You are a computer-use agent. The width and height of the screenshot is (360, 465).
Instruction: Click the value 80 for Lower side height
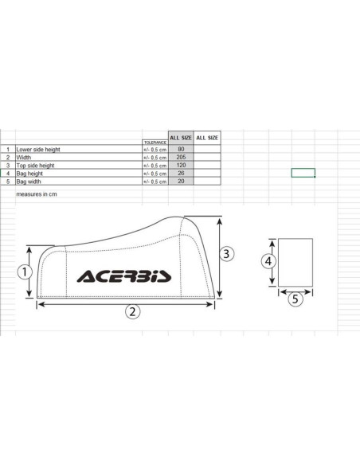pyautogui.click(x=181, y=149)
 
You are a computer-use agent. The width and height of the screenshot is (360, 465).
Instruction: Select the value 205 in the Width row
pyautogui.click(x=181, y=157)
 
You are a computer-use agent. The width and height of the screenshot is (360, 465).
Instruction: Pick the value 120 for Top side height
pyautogui.click(x=181, y=165)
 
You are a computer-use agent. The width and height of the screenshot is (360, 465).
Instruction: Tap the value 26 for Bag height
pyautogui.click(x=181, y=174)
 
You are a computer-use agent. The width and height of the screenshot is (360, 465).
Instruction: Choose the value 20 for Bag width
pyautogui.click(x=181, y=182)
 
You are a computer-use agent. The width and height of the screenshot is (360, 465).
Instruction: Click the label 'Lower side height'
pyautogui.click(x=38, y=150)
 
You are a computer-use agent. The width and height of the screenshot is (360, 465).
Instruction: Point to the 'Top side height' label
pyautogui.click(x=35, y=166)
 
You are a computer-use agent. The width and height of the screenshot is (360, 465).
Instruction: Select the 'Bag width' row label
pyautogui.click(x=29, y=182)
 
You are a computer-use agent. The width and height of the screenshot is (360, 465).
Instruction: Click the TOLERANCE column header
pyautogui.click(x=155, y=143)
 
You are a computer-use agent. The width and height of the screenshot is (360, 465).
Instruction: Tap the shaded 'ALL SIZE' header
pyautogui.click(x=181, y=138)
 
